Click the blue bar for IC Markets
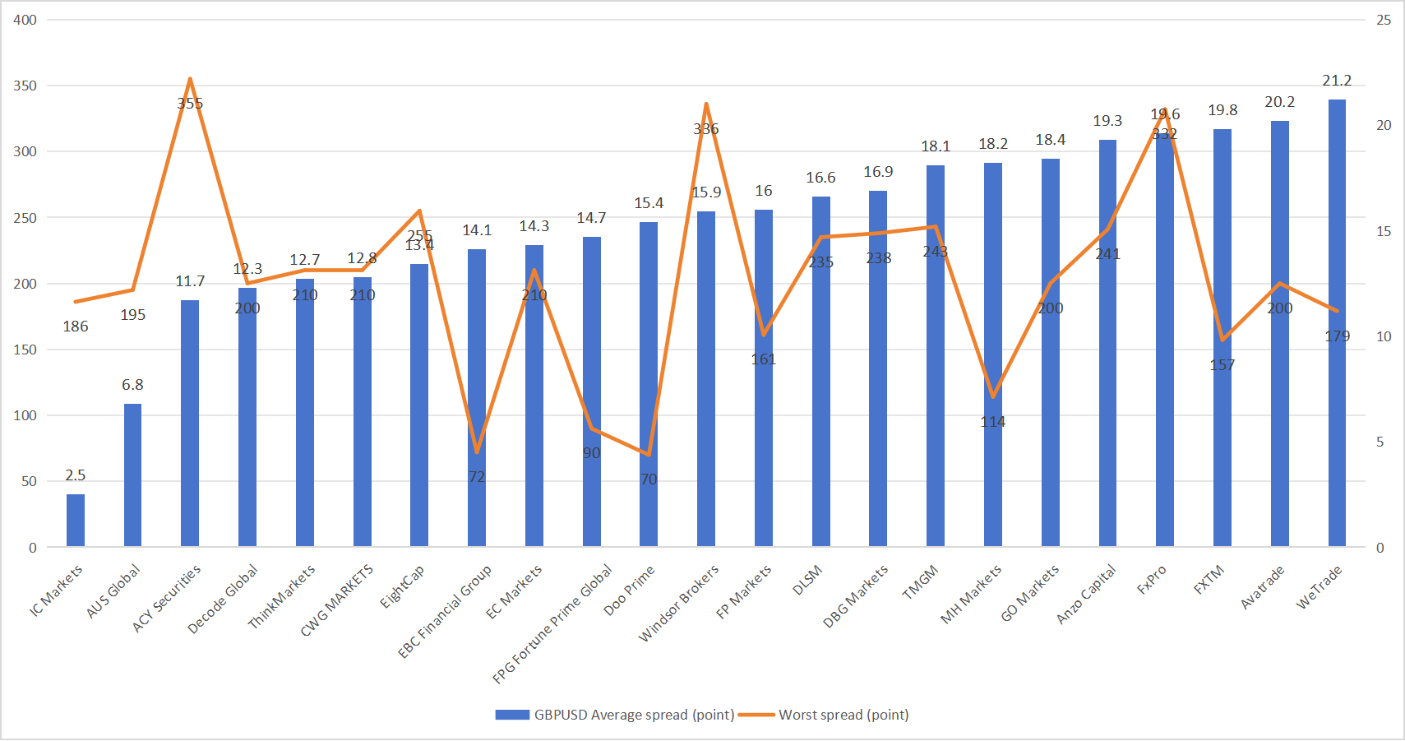click(x=76, y=520)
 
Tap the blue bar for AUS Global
click(x=132, y=475)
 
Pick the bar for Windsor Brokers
click(x=706, y=378)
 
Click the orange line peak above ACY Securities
click(x=190, y=80)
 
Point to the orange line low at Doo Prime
click(x=649, y=454)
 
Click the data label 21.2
click(x=1337, y=81)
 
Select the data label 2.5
click(x=76, y=475)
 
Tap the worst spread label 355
click(x=190, y=104)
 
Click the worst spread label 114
click(x=992, y=422)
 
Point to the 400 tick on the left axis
click(x=25, y=20)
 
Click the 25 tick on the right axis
click(x=1384, y=20)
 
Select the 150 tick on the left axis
click(x=25, y=350)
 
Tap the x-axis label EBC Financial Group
click(x=445, y=611)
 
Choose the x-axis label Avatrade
click(x=1262, y=587)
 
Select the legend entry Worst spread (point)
click(x=843, y=715)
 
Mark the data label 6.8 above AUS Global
click(x=132, y=385)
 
